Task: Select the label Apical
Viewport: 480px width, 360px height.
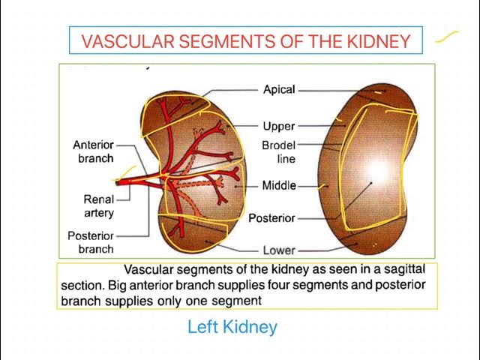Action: coord(279,90)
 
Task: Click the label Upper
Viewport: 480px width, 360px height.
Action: coord(279,126)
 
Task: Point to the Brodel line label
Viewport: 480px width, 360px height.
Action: coord(278,151)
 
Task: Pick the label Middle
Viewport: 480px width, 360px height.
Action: coord(279,185)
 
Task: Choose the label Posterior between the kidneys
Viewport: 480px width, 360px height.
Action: coord(271,218)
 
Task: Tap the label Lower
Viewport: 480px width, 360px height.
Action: coord(279,250)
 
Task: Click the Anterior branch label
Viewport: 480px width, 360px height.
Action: coord(93,151)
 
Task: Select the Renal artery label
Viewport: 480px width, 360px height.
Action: coord(98,206)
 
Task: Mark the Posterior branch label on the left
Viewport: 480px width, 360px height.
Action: coord(91,241)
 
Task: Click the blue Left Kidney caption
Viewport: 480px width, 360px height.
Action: coord(232,327)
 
